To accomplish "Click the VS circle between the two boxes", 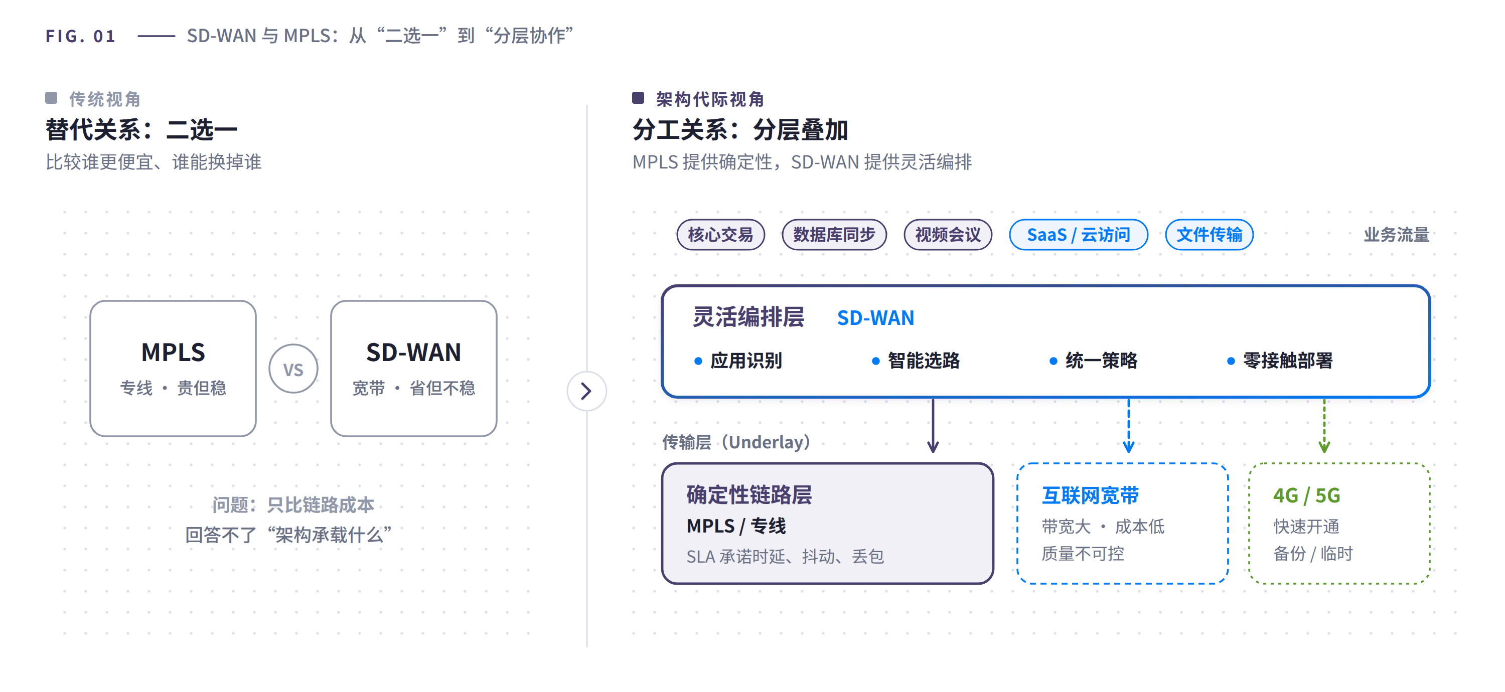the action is coord(293,369).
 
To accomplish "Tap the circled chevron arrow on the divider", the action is coord(586,391).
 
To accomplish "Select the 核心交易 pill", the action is coord(720,235).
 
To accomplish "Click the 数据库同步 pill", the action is coord(834,235).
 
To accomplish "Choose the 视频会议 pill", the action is coord(948,235).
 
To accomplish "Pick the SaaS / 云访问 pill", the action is coord(1079,235).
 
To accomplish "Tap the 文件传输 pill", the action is coord(1209,235).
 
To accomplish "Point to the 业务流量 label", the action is coord(1396,235).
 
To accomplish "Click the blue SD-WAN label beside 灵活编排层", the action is coord(875,318).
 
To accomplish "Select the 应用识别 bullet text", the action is coord(746,361).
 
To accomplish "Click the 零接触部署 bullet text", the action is coord(1288,361).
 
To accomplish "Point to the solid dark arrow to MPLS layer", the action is coord(933,426).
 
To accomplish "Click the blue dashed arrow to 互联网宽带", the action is coord(1129,426).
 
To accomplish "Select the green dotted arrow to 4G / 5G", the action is coord(1324,426).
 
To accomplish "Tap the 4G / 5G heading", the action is coord(1306,495).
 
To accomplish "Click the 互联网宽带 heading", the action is coord(1090,495).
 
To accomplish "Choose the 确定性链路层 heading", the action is coord(749,494).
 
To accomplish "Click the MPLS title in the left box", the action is coord(173,352).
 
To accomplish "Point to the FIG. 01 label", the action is coord(81,36).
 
